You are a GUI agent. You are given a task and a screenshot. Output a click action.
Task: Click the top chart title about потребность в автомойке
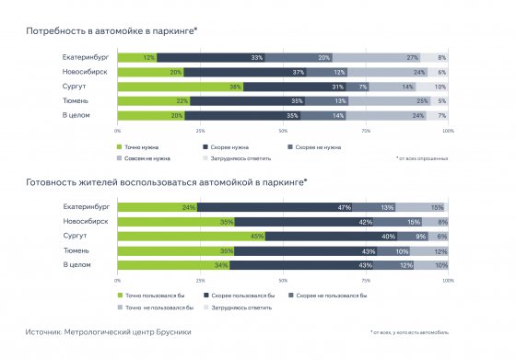click(x=111, y=31)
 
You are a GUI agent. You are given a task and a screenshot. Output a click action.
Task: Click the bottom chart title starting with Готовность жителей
click(x=166, y=180)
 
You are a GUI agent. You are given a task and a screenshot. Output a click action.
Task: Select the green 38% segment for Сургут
click(x=180, y=86)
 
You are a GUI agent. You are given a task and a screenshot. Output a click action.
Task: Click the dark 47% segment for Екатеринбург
click(x=294, y=207)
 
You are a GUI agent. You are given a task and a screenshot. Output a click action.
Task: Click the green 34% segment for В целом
click(x=173, y=264)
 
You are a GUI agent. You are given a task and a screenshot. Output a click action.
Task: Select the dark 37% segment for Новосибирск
click(x=245, y=72)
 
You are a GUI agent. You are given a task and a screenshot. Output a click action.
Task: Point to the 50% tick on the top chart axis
click(x=283, y=131)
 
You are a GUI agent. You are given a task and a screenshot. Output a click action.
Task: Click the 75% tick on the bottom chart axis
click(x=366, y=280)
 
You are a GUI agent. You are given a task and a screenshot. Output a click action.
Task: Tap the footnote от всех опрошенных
click(x=423, y=158)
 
